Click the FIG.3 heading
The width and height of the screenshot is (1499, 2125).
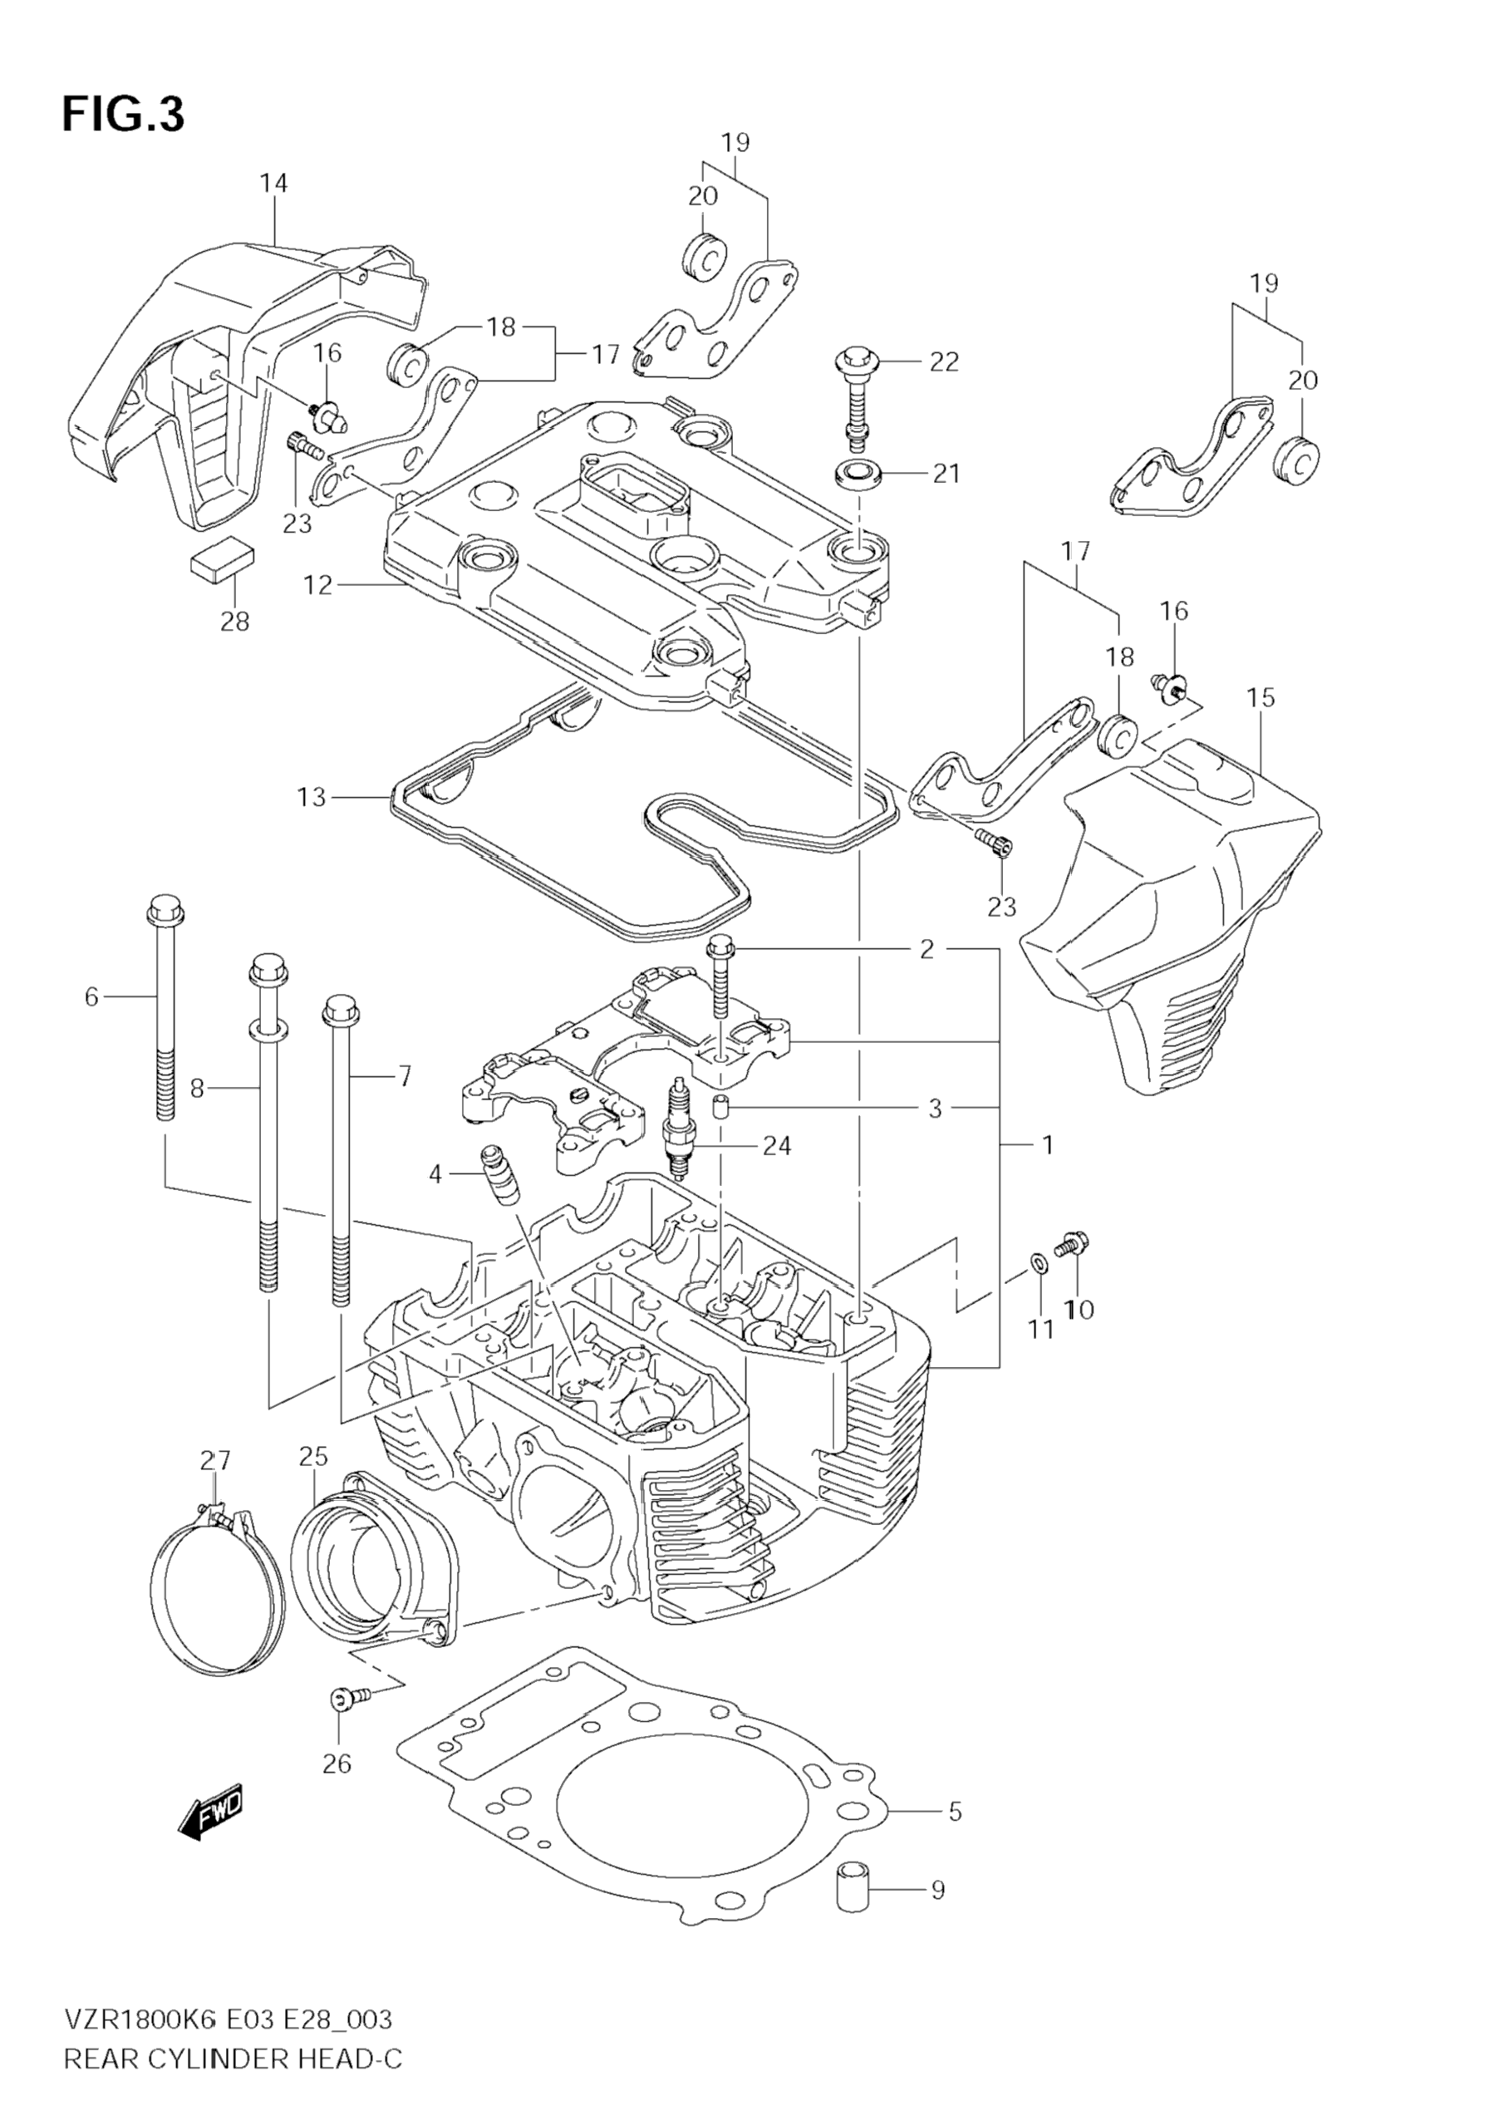pos(123,115)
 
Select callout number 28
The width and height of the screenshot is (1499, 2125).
pos(235,621)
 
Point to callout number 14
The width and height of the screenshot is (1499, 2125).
pos(273,184)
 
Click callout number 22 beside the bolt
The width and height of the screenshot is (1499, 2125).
pos(944,362)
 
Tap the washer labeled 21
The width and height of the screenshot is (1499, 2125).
pos(858,474)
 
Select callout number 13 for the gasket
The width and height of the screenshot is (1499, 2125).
pos(311,796)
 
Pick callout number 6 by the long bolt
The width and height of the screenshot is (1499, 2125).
pos(91,996)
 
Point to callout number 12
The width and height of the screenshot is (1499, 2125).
pos(317,585)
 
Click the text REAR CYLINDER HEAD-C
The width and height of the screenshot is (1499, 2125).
pos(233,2084)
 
